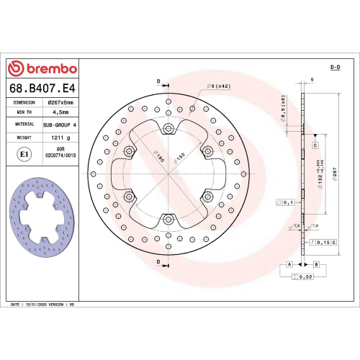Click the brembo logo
[x=42, y=69]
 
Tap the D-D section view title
[x=335, y=67]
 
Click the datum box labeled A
[x=289, y=265]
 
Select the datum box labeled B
[x=315, y=265]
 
